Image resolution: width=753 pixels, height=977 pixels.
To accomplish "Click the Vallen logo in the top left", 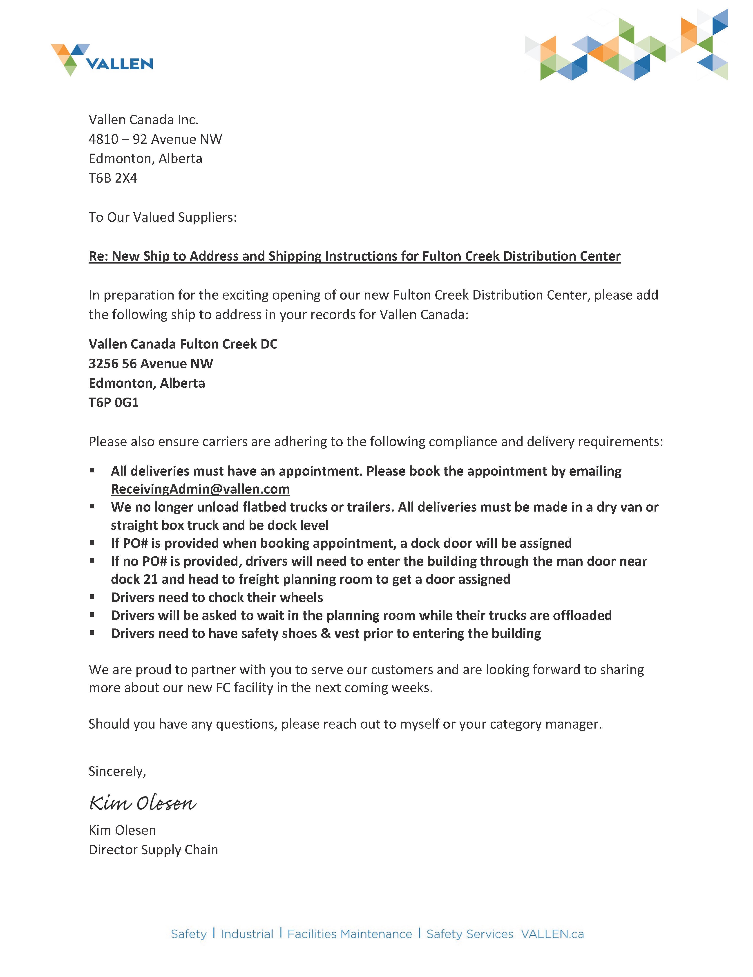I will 102,60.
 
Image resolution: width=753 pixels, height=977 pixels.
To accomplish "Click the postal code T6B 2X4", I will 113,178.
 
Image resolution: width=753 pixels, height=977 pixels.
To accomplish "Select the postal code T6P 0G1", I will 114,403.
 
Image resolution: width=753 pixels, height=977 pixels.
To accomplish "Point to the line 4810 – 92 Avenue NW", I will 155,139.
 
